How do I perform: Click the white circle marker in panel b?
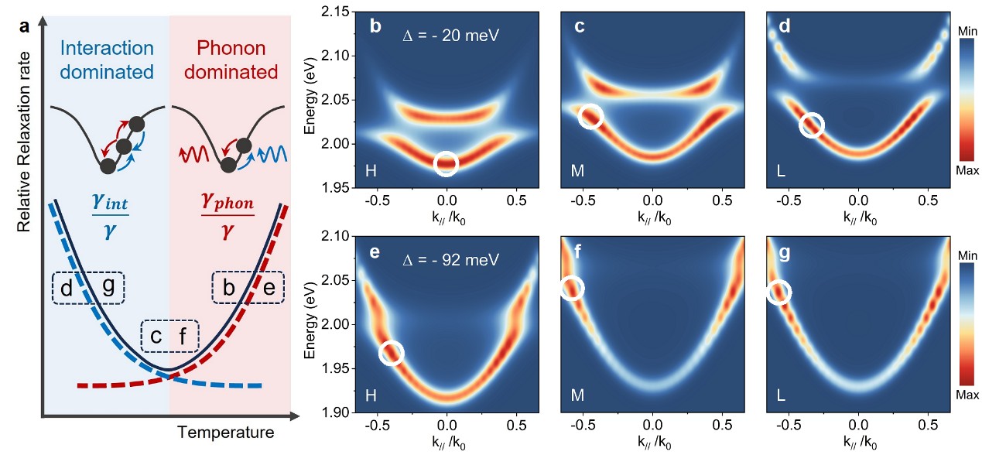coord(447,152)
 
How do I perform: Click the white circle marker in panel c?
coord(590,104)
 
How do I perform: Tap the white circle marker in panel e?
coord(392,341)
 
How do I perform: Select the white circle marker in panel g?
coord(779,281)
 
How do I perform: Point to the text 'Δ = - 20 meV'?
coord(450,35)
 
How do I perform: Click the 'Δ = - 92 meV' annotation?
coord(450,260)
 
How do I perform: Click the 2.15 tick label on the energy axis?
coord(335,12)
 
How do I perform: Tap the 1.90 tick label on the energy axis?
coord(335,412)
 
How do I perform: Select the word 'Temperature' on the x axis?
coord(226,433)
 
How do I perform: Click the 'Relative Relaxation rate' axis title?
coord(24,142)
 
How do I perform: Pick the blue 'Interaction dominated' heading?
coord(107,60)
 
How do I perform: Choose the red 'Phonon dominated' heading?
coord(231,60)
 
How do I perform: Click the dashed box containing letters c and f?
coord(170,321)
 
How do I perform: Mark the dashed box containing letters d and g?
coord(88,273)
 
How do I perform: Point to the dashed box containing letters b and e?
coord(248,272)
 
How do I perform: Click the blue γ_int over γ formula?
coord(111,216)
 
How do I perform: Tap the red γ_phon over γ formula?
coord(228,216)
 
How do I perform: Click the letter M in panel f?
coord(577,395)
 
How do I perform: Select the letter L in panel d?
coord(781,170)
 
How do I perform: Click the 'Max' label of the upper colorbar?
coord(967,170)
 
